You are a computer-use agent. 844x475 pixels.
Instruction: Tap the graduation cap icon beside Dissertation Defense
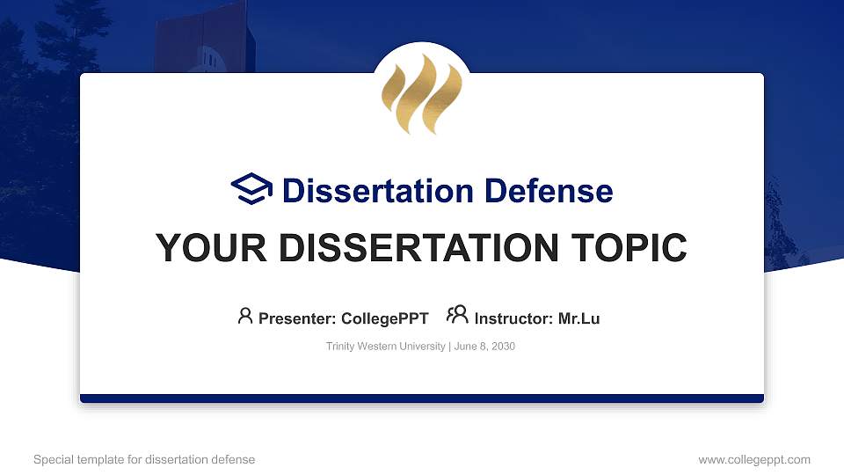tap(251, 190)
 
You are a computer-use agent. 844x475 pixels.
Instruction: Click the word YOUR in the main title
tap(201, 248)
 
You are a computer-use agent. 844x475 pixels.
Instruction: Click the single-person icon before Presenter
tap(245, 316)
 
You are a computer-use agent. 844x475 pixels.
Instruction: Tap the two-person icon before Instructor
tap(457, 316)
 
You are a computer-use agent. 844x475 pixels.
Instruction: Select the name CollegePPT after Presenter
tap(384, 318)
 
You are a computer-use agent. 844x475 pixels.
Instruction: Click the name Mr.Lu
tap(578, 318)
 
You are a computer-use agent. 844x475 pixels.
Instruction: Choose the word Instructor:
tap(514, 318)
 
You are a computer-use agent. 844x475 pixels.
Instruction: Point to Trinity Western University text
tap(386, 347)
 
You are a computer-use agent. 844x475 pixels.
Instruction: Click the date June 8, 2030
tap(484, 347)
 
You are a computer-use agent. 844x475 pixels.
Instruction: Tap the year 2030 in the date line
tap(503, 347)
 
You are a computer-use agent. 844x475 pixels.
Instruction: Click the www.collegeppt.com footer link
tap(754, 459)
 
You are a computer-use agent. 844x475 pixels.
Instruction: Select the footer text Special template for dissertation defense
tap(144, 459)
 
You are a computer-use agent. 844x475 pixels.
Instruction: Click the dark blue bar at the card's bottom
tap(421, 398)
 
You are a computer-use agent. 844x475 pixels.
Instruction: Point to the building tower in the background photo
tap(200, 40)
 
